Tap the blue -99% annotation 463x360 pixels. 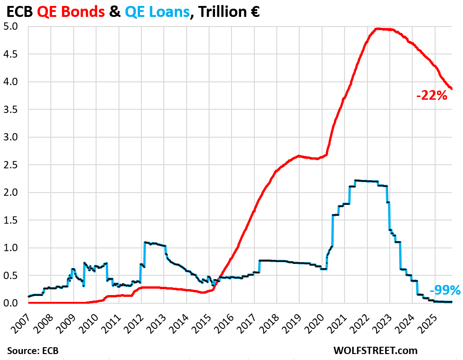pyautogui.click(x=445, y=290)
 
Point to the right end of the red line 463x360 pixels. pyautogui.click(x=452, y=89)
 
